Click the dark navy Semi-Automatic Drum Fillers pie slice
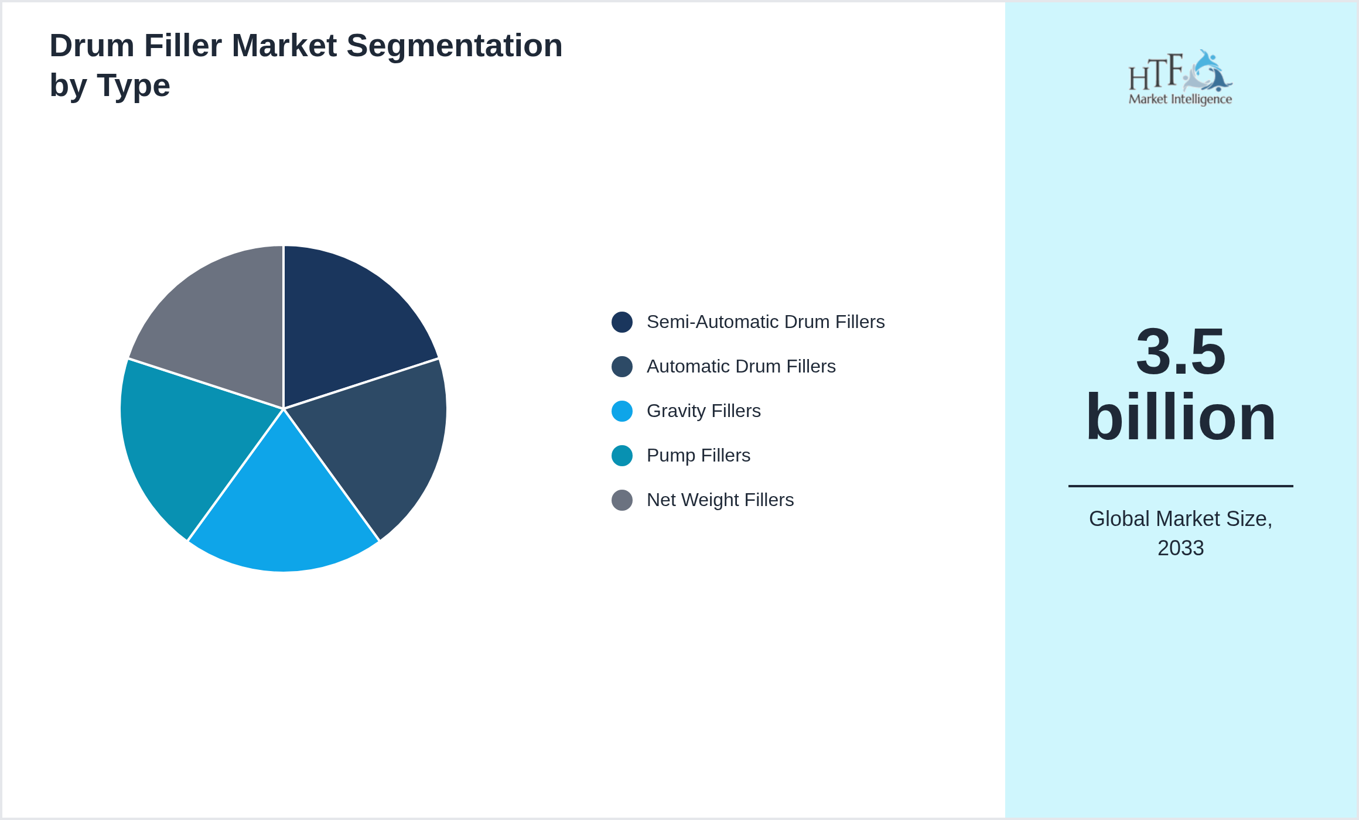(x=346, y=328)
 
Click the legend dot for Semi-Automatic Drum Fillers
(x=622, y=322)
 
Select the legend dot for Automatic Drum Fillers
(x=622, y=367)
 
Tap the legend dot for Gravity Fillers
(x=622, y=411)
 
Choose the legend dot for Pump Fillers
(x=622, y=456)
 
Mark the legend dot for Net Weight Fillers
(x=622, y=500)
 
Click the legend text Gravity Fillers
(x=704, y=411)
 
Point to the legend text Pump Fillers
(x=698, y=456)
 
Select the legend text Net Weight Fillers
(x=720, y=500)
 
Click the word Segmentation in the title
(x=455, y=46)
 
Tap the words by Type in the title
(x=110, y=86)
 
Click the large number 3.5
(x=1180, y=351)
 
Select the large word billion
(x=1180, y=417)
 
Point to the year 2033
(x=1180, y=548)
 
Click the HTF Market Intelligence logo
(x=1180, y=78)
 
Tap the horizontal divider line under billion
(x=1180, y=486)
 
